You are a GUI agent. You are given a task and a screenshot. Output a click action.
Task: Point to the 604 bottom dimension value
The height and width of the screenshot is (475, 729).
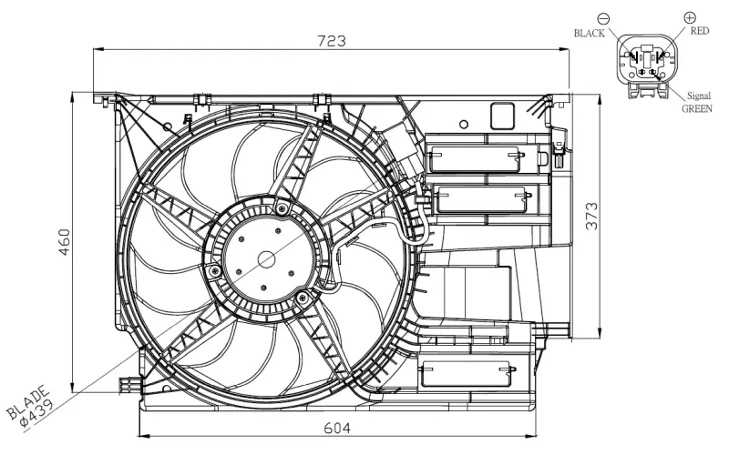[336, 425]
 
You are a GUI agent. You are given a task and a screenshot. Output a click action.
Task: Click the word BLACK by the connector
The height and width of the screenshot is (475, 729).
[589, 33]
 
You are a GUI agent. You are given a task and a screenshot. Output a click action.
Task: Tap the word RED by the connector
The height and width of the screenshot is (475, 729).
[699, 31]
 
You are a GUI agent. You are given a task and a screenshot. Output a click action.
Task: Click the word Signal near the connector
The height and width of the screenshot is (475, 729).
[699, 94]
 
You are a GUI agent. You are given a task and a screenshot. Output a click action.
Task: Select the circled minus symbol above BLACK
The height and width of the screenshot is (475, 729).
[603, 17]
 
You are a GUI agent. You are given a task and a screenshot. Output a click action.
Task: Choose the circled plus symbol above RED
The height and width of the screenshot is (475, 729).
[689, 16]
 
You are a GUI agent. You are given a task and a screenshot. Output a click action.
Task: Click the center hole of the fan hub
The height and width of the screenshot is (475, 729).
[266, 258]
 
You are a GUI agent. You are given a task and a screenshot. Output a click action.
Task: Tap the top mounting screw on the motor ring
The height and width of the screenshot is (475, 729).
[282, 210]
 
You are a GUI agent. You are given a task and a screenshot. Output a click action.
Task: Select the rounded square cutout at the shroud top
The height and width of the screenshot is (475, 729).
[502, 115]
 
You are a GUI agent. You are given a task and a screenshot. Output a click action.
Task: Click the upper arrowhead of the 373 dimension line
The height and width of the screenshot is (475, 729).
[599, 96]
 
